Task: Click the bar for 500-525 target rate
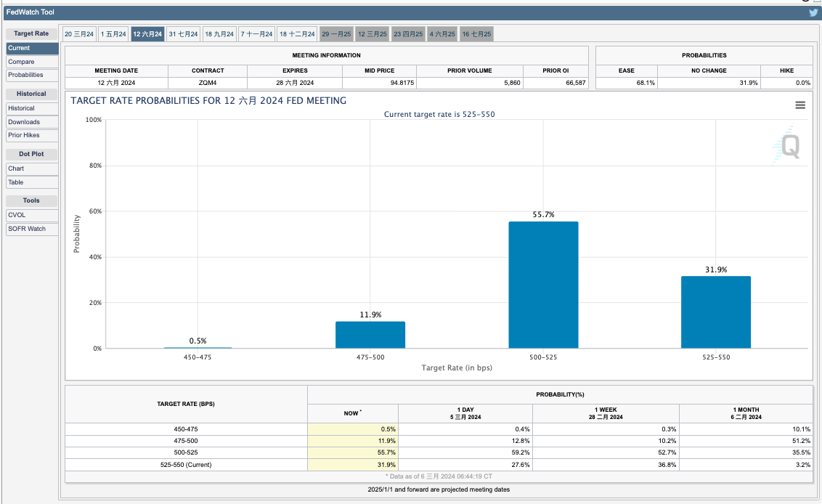pyautogui.click(x=543, y=285)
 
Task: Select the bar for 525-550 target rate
pyautogui.click(x=715, y=312)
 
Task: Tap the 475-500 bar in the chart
pyautogui.click(x=370, y=335)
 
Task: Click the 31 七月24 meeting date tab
pyautogui.click(x=183, y=34)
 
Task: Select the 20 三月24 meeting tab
pyautogui.click(x=79, y=34)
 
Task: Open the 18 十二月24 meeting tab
pyautogui.click(x=298, y=34)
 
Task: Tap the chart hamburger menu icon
pyautogui.click(x=800, y=105)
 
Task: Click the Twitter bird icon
pyautogui.click(x=813, y=12)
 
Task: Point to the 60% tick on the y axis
pyautogui.click(x=94, y=211)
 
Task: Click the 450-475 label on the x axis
pyautogui.click(x=198, y=357)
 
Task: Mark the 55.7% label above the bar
pyautogui.click(x=543, y=215)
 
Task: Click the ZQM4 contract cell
pyautogui.click(x=208, y=83)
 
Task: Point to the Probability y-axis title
pyautogui.click(x=77, y=234)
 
